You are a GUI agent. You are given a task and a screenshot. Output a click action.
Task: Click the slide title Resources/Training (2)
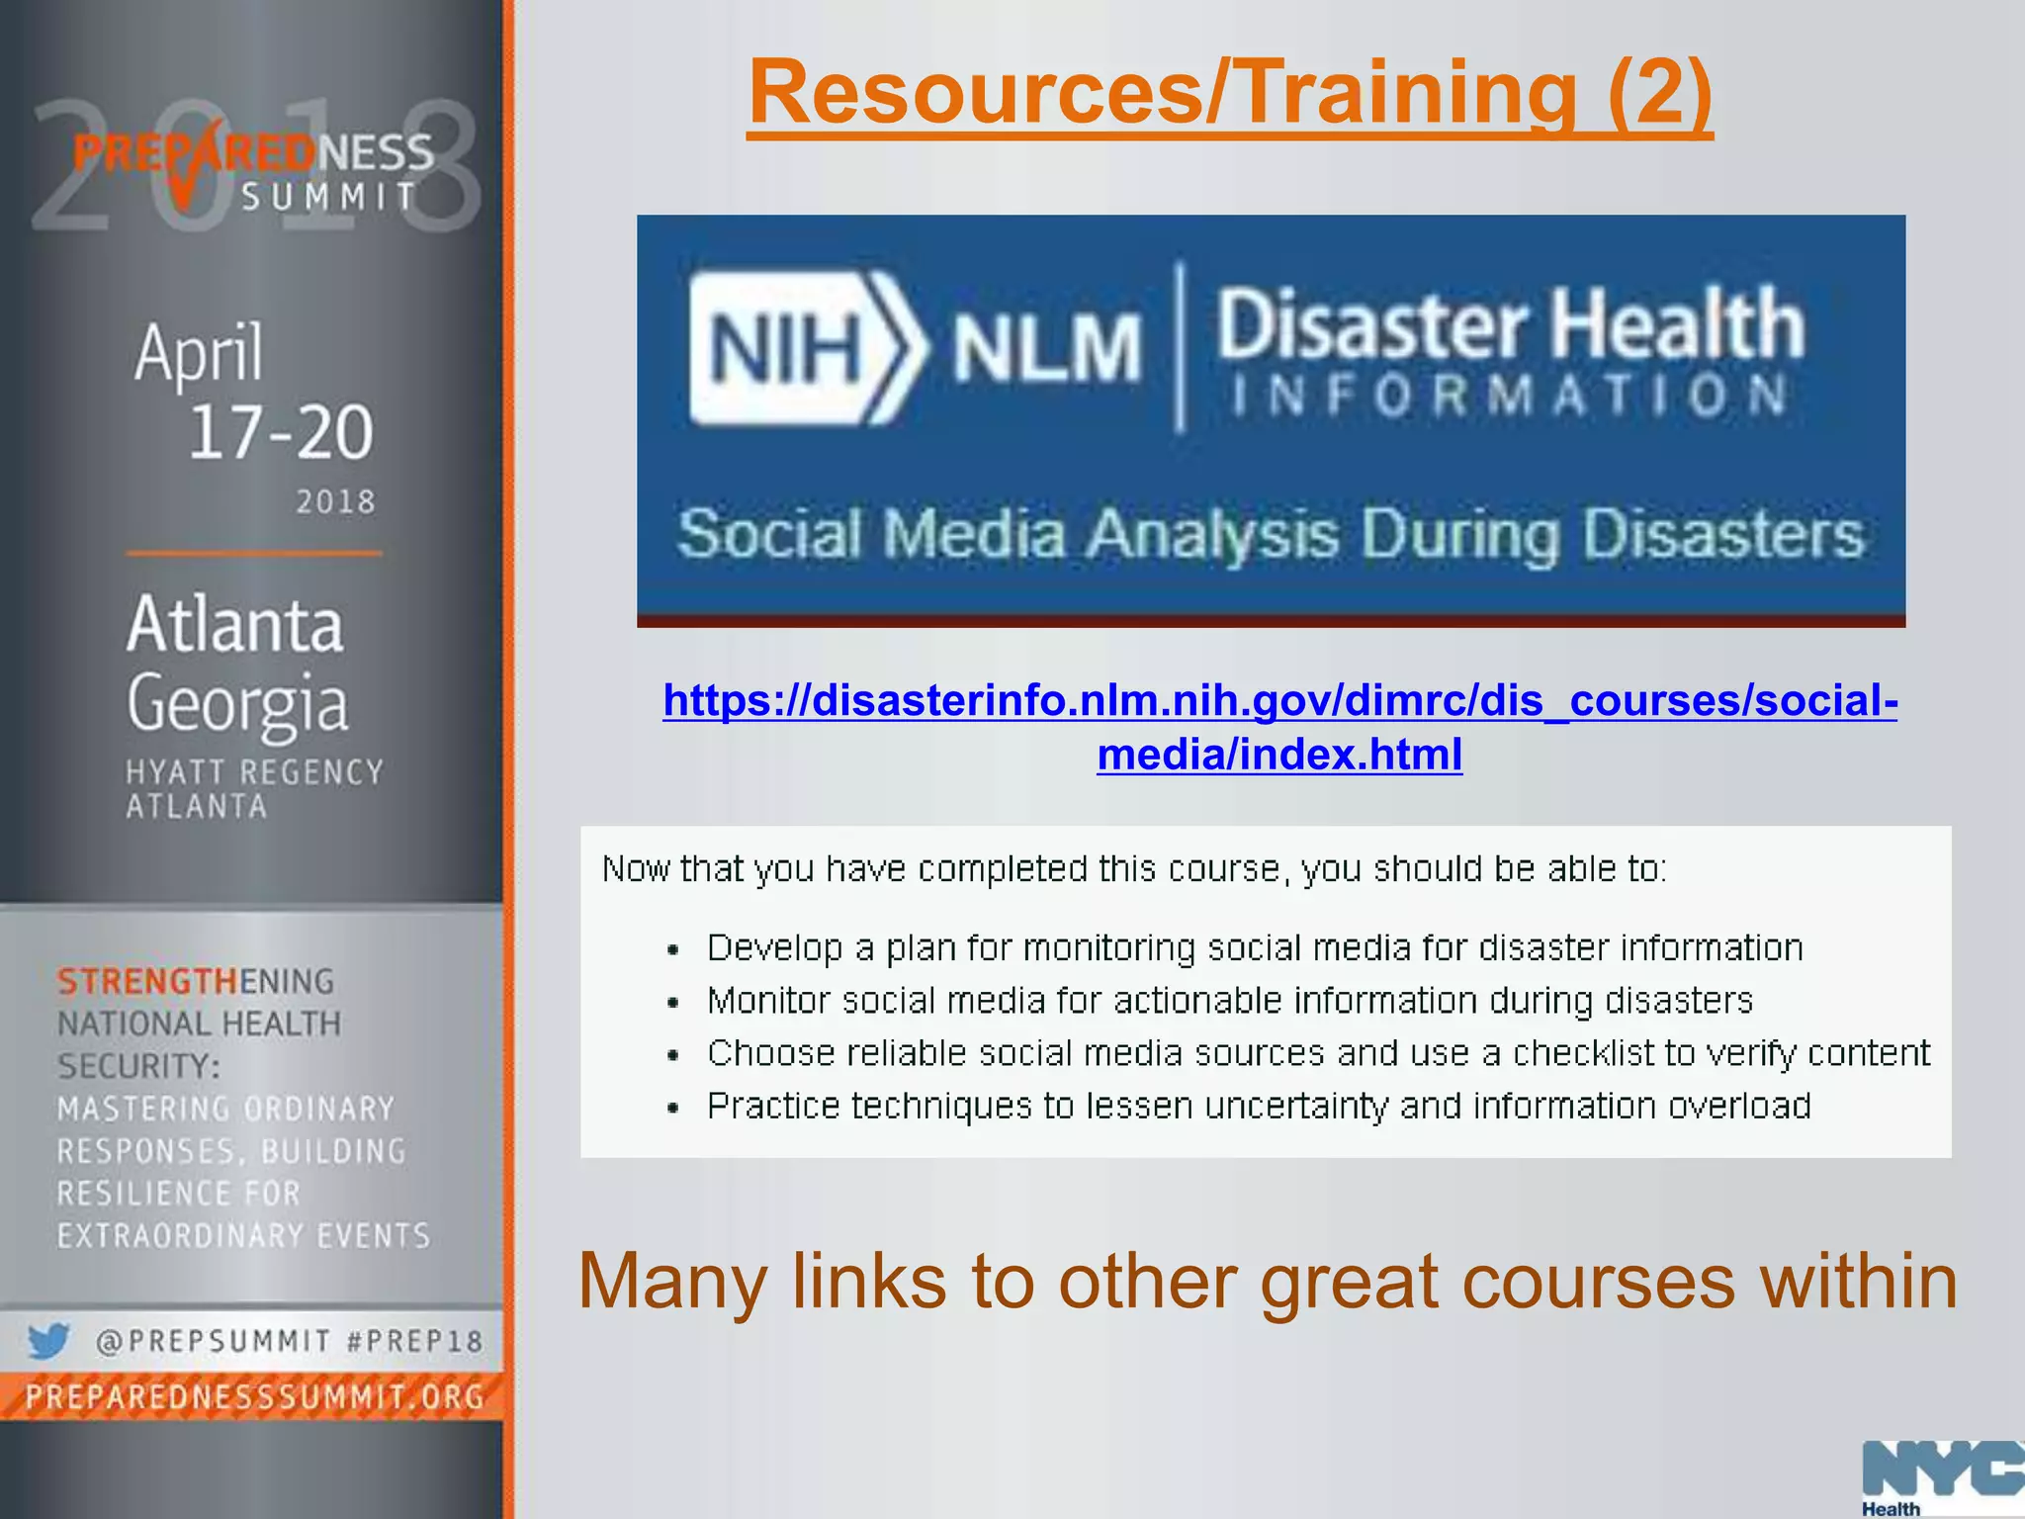tap(1229, 93)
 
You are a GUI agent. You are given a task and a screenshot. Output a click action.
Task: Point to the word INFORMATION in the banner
tap(1509, 396)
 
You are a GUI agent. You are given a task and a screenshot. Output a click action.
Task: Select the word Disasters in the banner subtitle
tap(1722, 535)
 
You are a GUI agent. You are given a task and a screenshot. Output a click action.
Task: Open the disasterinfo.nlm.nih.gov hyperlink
tap(1279, 701)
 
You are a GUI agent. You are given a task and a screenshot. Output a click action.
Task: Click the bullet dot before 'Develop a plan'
tap(673, 950)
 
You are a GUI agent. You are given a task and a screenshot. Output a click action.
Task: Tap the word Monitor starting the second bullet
tap(768, 1001)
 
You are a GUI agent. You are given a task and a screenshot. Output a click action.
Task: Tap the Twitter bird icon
tap(47, 1341)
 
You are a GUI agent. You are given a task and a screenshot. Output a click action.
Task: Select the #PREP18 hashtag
tap(414, 1342)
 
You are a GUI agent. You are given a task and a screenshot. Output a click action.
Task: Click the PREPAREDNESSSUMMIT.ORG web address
tap(254, 1396)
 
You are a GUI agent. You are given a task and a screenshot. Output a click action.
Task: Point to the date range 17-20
tap(281, 433)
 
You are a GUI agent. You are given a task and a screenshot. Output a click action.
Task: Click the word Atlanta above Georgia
tap(235, 625)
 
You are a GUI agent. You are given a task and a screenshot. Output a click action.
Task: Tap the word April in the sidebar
tap(199, 352)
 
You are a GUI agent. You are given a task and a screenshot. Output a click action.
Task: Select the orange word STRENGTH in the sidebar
tap(147, 981)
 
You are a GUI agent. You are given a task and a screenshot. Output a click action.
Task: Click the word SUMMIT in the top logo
tap(329, 197)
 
